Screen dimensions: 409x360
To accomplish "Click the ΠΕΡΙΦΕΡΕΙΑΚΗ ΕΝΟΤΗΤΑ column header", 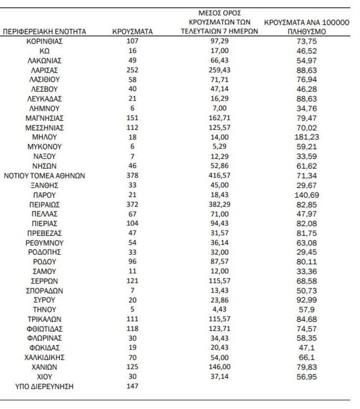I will coord(45,32).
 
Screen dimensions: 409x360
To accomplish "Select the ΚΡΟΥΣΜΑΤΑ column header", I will coord(132,32).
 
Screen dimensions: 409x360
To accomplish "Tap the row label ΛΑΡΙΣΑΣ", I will coord(45,70).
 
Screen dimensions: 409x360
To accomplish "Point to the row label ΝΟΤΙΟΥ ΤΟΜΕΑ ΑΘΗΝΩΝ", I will coord(45,175).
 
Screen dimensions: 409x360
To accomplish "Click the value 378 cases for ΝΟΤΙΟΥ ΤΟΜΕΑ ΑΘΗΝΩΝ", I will coord(132,175).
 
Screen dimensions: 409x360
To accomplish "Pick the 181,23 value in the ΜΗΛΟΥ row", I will coord(307,137).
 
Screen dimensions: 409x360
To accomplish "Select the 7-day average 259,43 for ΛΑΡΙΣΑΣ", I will coord(220,70).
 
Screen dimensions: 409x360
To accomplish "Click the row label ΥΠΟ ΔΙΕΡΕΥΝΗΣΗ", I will coord(45,386).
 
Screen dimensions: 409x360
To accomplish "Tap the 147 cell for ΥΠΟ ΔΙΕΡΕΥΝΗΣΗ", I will coord(132,386).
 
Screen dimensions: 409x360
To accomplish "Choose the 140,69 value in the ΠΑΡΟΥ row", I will coord(307,195).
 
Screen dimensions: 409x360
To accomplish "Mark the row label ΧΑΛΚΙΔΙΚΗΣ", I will coord(45,358).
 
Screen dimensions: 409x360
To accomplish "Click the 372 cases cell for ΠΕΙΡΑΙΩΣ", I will coord(132,204).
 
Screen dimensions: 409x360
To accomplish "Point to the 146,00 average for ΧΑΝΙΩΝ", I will coord(220,367).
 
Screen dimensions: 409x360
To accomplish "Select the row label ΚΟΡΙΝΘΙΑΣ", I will coord(45,41).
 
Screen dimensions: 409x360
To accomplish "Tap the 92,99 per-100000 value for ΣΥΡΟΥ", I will coord(307,300).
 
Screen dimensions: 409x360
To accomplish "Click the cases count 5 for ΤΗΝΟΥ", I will coord(132,309).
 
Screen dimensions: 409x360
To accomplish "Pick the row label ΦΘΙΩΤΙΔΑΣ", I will coord(45,329).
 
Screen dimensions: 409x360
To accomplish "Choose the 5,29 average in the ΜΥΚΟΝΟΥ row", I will coord(220,147).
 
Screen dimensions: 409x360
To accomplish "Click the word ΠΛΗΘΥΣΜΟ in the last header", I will coord(307,32).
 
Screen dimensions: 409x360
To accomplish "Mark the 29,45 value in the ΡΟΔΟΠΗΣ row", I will coord(307,252).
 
